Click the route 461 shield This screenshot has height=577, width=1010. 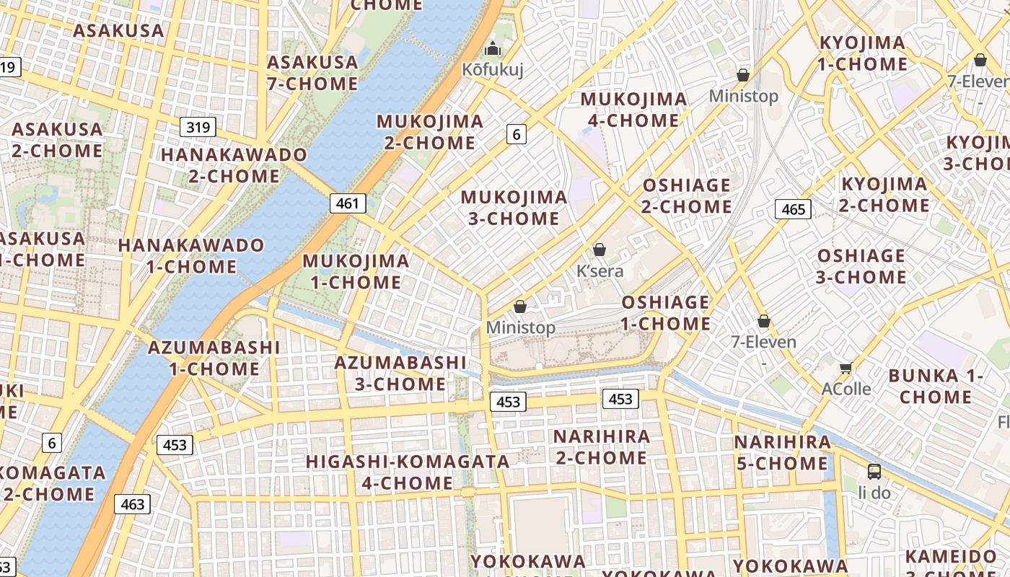tap(348, 203)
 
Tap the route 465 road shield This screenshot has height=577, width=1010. tap(793, 209)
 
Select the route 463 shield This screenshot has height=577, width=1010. tap(133, 504)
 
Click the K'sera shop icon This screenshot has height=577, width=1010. tap(599, 250)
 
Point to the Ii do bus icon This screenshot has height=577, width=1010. tap(874, 472)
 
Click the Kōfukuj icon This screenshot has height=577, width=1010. tap(493, 49)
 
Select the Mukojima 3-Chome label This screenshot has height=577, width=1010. tap(514, 208)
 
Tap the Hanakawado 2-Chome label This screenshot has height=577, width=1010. tap(234, 165)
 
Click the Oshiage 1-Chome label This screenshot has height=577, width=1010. tap(665, 312)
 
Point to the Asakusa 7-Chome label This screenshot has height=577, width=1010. tap(312, 73)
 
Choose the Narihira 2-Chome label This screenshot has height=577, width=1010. tap(601, 447)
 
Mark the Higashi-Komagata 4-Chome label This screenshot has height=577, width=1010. tap(408, 472)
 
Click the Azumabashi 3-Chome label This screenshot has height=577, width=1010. tap(400, 373)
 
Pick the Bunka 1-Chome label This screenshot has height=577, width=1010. tap(936, 386)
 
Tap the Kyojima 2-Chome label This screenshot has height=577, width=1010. tap(884, 195)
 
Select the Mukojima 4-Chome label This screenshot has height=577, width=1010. tap(633, 110)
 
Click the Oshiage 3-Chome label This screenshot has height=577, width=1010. tap(861, 266)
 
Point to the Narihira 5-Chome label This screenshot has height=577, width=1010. tap(782, 452)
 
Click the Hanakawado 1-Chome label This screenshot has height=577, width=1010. tap(191, 255)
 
